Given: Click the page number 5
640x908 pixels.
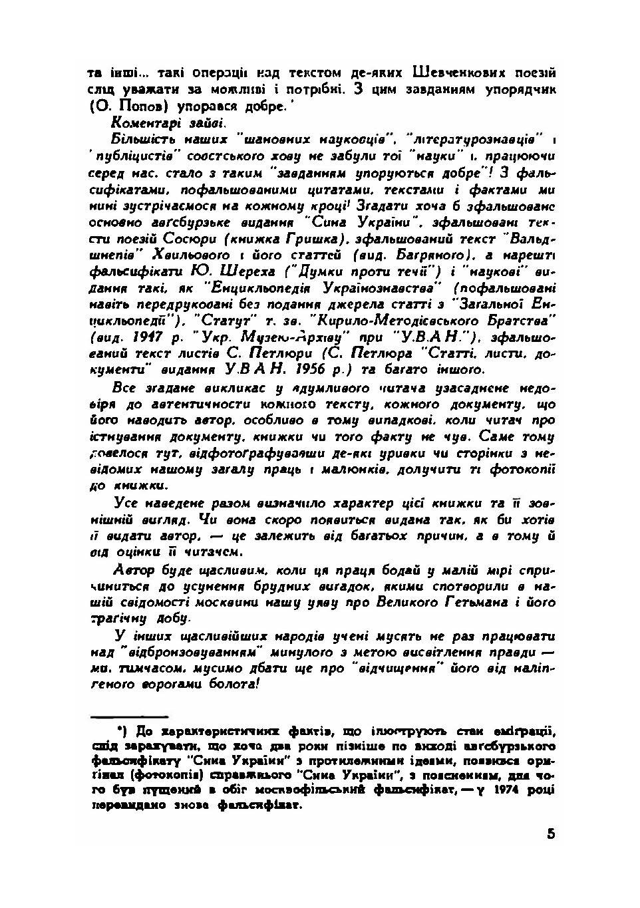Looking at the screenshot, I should click(x=552, y=834).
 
